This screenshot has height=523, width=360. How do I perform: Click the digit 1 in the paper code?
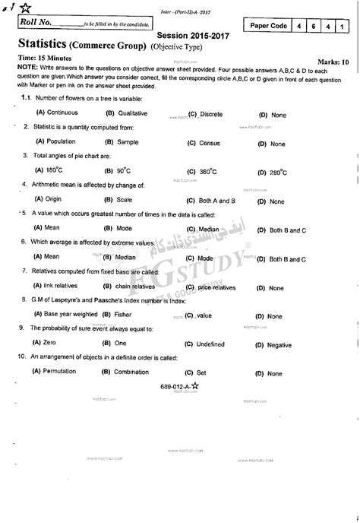point(343,26)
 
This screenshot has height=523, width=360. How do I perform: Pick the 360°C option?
point(203,171)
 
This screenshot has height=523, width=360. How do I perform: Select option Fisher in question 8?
point(122,314)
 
